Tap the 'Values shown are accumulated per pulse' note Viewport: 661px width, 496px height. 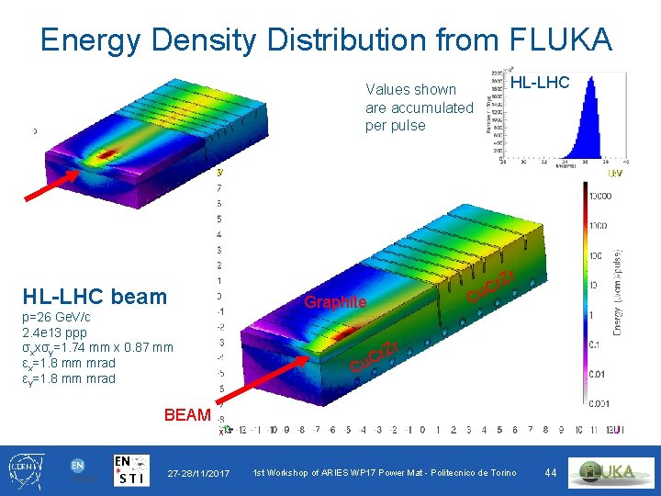[419, 107]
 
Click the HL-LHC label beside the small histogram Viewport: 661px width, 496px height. [540, 83]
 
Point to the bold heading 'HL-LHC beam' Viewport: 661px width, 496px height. [95, 296]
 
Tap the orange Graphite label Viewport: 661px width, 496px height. [335, 302]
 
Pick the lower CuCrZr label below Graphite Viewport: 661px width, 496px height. [375, 358]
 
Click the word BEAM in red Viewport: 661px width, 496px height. [186, 415]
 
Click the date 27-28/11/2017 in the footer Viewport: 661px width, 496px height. [198, 472]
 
